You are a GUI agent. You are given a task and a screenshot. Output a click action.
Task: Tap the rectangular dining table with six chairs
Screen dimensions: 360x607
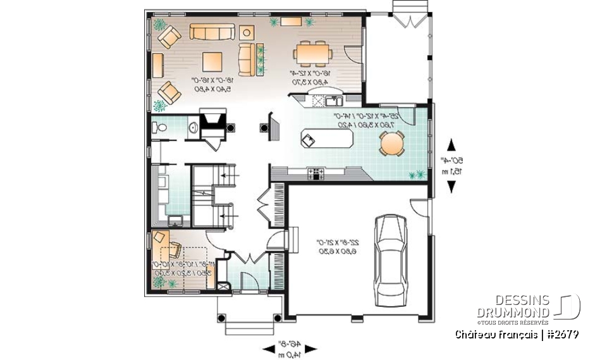(x=313, y=53)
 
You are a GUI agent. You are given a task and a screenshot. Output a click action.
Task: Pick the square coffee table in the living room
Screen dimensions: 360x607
(x=212, y=61)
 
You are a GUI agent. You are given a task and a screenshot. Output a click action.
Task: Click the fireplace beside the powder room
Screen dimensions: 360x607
(x=212, y=120)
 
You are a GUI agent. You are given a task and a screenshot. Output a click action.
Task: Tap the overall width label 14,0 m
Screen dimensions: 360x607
(x=291, y=355)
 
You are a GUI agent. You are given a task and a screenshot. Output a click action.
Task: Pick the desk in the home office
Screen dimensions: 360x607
(x=159, y=244)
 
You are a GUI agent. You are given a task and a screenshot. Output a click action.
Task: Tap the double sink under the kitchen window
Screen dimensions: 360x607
(x=333, y=101)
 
